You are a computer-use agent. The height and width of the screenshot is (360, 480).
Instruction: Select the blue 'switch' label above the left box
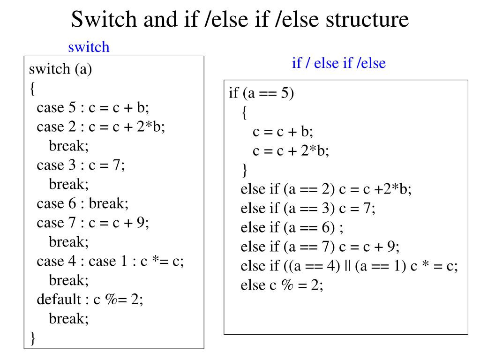[89, 47]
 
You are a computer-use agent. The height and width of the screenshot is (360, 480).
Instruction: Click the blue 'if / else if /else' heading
[338, 63]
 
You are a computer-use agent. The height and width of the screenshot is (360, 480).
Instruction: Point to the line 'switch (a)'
[60, 69]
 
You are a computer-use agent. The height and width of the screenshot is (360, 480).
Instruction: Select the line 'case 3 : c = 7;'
[81, 165]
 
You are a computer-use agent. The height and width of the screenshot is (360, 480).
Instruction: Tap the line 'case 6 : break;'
[82, 203]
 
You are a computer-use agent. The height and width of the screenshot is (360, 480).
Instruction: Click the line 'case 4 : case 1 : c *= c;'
[110, 261]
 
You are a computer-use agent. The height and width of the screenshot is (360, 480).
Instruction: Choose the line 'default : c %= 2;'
[90, 300]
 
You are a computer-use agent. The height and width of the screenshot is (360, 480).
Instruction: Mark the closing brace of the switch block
[32, 337]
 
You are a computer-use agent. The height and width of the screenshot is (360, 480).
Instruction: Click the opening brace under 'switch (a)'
[32, 89]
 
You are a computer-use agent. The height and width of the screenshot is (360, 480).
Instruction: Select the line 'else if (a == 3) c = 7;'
[308, 208]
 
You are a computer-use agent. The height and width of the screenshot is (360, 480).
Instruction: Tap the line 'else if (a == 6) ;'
[292, 227]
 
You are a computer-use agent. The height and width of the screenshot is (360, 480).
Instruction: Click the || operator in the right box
[347, 266]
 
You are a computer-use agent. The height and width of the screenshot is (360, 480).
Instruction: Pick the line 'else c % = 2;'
[282, 285]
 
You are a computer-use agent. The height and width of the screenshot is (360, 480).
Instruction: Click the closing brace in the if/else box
[244, 170]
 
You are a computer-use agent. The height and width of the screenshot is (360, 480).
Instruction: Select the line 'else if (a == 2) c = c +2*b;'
[326, 189]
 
